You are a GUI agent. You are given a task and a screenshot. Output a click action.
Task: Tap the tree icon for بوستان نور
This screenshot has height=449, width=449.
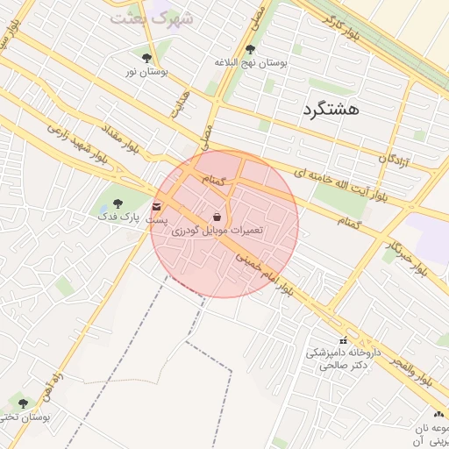[146, 58]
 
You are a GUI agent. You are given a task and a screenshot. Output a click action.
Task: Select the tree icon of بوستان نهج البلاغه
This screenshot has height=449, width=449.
[251, 50]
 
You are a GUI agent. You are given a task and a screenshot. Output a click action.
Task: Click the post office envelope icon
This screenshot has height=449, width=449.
[157, 207]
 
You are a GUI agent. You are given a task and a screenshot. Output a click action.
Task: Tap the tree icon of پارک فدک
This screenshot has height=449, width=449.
[119, 203]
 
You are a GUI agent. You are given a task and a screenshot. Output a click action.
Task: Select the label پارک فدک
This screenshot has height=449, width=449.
[119, 216]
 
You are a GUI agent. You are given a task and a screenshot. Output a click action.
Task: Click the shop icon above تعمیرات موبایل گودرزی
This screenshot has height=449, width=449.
[217, 216]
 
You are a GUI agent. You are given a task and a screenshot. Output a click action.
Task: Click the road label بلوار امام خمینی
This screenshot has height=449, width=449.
[266, 272]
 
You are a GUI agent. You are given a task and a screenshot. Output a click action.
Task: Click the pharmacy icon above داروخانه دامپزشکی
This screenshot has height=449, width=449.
[342, 340]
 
